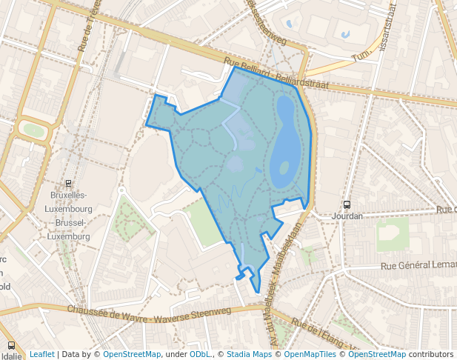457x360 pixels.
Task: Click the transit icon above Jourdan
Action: pyautogui.click(x=347, y=204)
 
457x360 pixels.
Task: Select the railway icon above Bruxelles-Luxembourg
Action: pyautogui.click(x=69, y=184)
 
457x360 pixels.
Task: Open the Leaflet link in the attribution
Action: pyautogui.click(x=41, y=354)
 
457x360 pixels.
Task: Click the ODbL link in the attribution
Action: pyautogui.click(x=199, y=354)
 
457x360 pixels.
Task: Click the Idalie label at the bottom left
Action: pyautogui.click(x=11, y=356)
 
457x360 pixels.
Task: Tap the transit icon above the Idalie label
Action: pyautogui.click(x=11, y=345)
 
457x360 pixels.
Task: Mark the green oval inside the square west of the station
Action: pyautogui.click(x=33, y=130)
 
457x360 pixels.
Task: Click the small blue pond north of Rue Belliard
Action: pyautogui.click(x=345, y=34)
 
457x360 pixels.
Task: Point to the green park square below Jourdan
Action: pyautogui.click(x=393, y=234)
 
